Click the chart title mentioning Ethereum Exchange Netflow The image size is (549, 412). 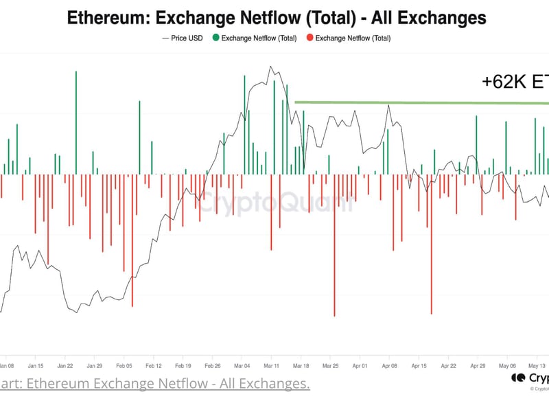pos(277,17)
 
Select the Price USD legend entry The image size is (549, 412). pos(183,38)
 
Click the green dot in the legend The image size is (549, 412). pos(216,38)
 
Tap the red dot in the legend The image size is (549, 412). pos(310,38)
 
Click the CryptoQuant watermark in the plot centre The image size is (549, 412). pos(274,202)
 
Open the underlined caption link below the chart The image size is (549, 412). pos(154,383)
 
